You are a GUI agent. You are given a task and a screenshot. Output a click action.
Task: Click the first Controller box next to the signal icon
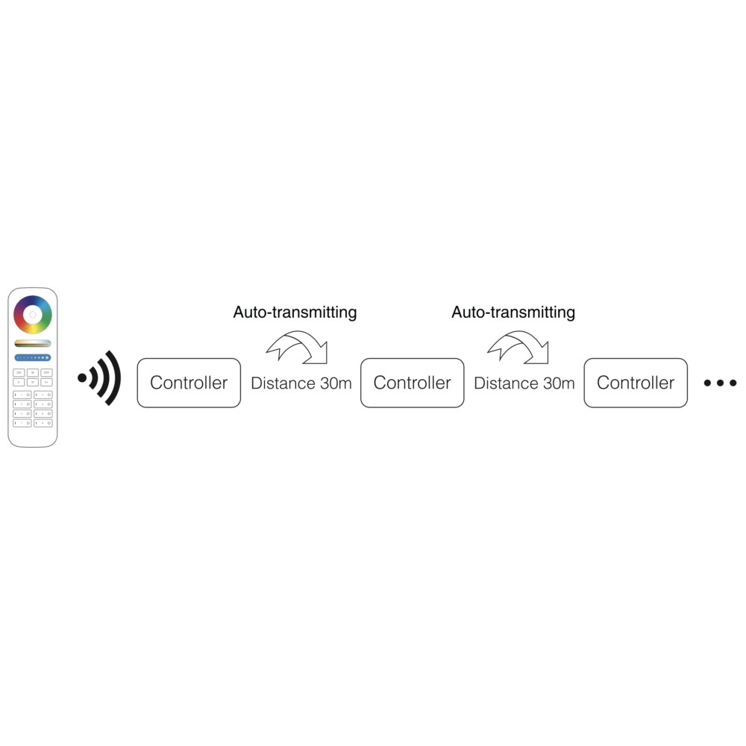[189, 383]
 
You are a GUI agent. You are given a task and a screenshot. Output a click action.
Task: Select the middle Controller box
[412, 383]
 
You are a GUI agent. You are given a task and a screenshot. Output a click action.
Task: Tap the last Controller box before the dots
[636, 383]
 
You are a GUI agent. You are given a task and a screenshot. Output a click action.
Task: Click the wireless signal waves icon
[101, 378]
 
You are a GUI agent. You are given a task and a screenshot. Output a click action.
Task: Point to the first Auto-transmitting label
[295, 312]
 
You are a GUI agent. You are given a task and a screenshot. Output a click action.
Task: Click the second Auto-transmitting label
[513, 312]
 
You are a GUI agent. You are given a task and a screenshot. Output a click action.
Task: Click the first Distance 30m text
[301, 383]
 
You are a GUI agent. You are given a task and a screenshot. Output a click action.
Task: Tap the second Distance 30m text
[524, 383]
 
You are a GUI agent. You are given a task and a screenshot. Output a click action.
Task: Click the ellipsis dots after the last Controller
[720, 383]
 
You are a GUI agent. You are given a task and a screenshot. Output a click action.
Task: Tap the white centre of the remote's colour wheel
[32, 315]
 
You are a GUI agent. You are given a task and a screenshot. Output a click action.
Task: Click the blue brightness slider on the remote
[32, 357]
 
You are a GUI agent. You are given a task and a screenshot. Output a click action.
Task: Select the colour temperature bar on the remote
[32, 343]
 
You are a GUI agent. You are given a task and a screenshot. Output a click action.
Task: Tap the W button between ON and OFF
[32, 372]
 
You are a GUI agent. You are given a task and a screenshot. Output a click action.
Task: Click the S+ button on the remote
[46, 381]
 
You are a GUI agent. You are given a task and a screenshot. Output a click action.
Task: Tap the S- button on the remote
[19, 381]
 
